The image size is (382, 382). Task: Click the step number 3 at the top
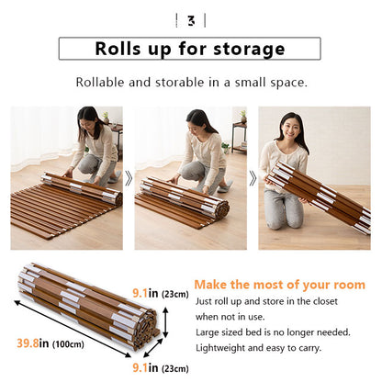click(190, 20)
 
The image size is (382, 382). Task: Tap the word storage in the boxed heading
click(251, 50)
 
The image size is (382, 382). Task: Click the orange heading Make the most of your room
click(278, 285)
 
